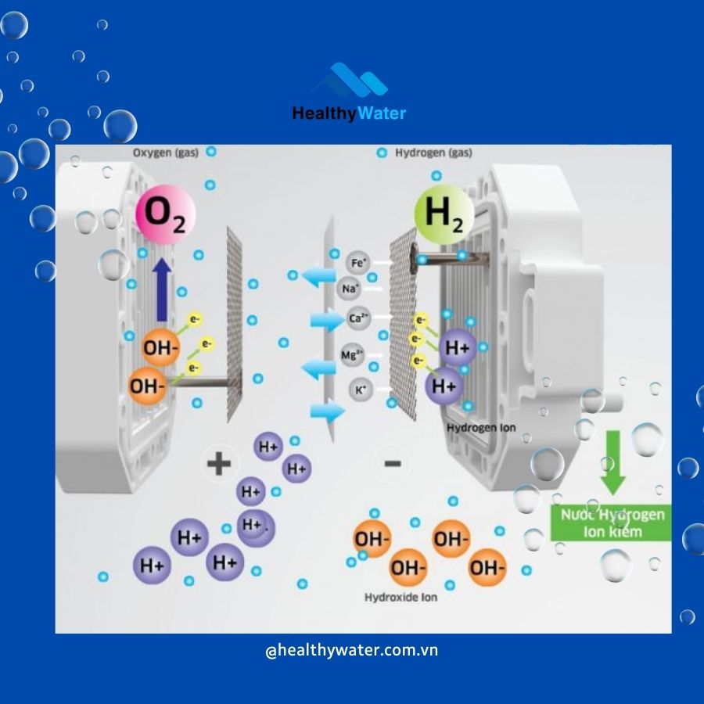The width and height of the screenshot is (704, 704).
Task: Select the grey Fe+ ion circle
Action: (x=356, y=264)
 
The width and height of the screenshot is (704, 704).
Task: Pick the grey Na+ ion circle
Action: (x=349, y=289)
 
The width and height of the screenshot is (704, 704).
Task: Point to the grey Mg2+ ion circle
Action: (x=351, y=356)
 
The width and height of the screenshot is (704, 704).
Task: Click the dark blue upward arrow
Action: (x=162, y=290)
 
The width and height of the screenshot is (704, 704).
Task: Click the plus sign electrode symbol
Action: (x=219, y=464)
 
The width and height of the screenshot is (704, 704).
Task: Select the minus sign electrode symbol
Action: (x=392, y=464)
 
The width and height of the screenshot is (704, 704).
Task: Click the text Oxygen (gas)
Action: (x=164, y=153)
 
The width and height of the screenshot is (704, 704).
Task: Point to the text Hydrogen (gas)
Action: (x=433, y=153)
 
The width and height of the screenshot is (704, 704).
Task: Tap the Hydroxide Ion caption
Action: (x=400, y=598)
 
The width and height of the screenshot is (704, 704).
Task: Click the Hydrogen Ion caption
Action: (x=480, y=428)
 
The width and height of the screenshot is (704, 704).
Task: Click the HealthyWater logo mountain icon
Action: (x=350, y=82)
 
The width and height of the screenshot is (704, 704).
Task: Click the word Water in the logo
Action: (x=383, y=113)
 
